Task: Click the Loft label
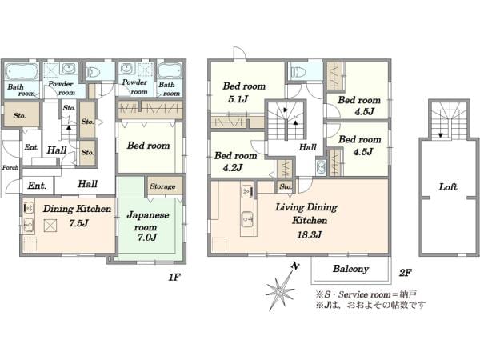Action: [448, 186]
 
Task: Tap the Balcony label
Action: [351, 269]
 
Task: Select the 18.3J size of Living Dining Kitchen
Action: [309, 234]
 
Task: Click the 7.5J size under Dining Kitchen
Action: [78, 223]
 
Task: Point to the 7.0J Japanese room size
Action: [147, 238]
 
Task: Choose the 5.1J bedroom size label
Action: [238, 99]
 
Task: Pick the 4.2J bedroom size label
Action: [233, 167]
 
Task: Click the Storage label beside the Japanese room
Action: [162, 186]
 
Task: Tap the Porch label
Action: [10, 167]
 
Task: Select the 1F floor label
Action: [174, 278]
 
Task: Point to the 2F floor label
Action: [405, 273]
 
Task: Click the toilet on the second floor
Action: [298, 73]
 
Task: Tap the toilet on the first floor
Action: [93, 73]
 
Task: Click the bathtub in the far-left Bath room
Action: [22, 72]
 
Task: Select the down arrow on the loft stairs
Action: [441, 135]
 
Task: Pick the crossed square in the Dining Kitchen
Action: [50, 226]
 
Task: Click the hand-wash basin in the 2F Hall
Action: [321, 167]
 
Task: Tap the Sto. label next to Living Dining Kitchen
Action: [286, 186]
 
